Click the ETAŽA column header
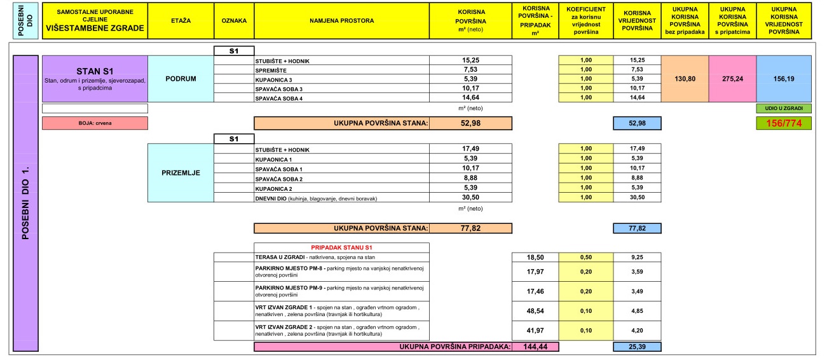click(x=181, y=21)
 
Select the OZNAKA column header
click(x=234, y=21)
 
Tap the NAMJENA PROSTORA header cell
click(x=341, y=21)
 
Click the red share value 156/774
click(x=784, y=123)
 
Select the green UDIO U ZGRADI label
click(x=784, y=109)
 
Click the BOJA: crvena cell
click(x=95, y=123)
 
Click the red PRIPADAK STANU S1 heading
click(x=341, y=247)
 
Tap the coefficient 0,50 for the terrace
click(x=585, y=256)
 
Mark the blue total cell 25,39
click(x=637, y=347)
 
